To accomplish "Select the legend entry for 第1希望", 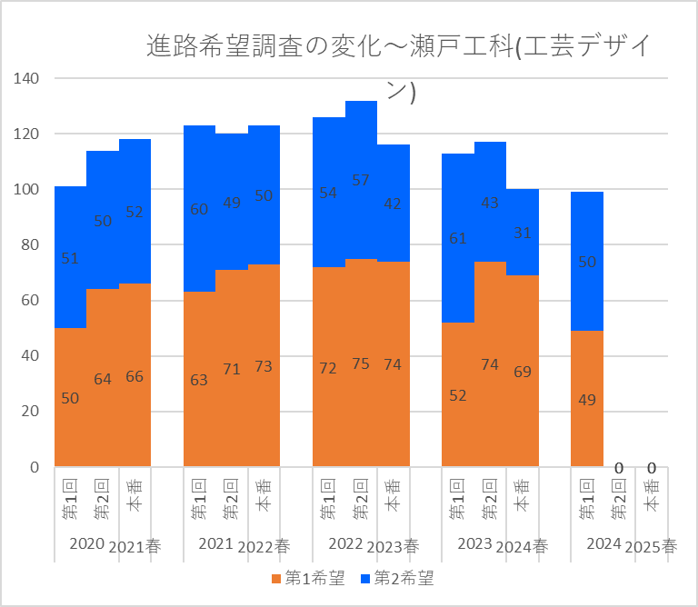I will [x=308, y=577].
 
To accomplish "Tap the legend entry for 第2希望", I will [x=398, y=577].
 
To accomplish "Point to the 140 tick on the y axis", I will [x=27, y=78].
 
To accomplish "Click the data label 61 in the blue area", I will [x=458, y=239].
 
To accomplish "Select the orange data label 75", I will [x=361, y=363].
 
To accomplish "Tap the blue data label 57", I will [x=361, y=180].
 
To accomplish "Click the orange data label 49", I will [x=587, y=399].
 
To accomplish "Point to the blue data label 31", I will [x=523, y=233].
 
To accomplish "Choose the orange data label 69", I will [x=523, y=372].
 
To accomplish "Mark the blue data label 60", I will [x=199, y=209].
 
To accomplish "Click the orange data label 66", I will [x=135, y=376].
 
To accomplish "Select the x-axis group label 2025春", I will [x=652, y=547].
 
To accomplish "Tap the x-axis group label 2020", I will [x=86, y=544].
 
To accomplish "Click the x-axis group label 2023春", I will [x=394, y=547].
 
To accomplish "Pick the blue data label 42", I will [x=393, y=204].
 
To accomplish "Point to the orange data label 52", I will [x=458, y=395].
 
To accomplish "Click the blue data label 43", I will [x=490, y=204].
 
